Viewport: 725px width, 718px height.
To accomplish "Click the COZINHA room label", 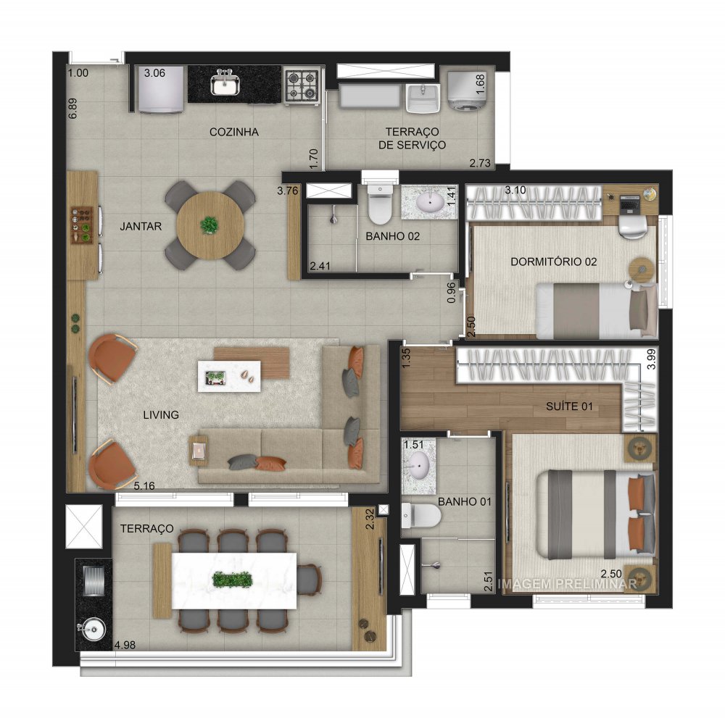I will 233,132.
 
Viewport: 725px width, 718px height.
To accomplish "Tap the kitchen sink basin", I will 225,85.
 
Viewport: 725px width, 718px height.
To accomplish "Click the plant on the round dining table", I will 210,225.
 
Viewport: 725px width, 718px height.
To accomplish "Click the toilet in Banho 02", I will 378,206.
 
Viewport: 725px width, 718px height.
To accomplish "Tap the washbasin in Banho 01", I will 418,463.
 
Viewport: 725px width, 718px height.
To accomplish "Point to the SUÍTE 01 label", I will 569,407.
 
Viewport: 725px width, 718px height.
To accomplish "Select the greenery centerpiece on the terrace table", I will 232,580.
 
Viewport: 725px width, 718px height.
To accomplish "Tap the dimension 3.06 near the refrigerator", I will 155,72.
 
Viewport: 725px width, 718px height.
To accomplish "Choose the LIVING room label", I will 161,414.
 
